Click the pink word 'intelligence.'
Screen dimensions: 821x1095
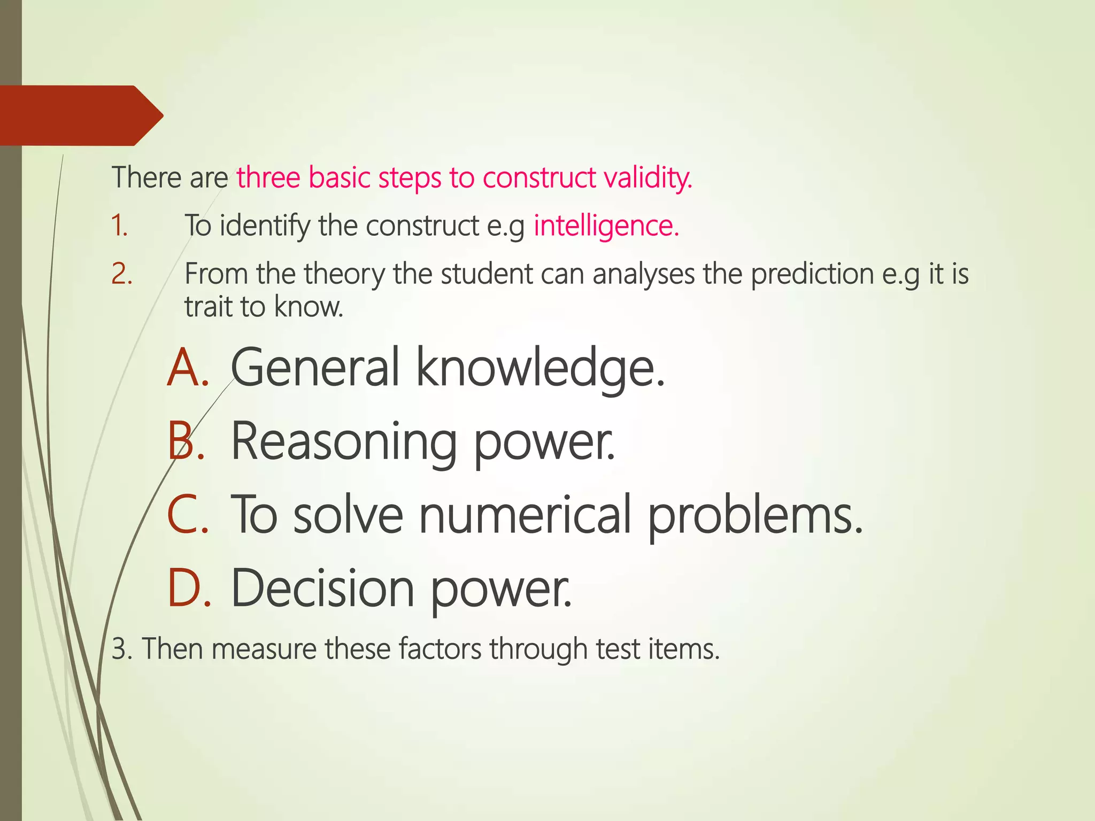click(606, 226)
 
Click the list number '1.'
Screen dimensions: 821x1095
click(119, 226)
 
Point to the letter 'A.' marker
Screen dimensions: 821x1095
click(188, 368)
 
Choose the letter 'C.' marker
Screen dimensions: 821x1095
click(188, 515)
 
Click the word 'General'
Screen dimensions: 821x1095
click(315, 368)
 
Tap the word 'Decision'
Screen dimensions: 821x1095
click(322, 588)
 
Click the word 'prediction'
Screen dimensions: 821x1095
click(812, 275)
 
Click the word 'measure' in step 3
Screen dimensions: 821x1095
click(264, 649)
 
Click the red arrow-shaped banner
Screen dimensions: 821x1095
click(80, 115)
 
